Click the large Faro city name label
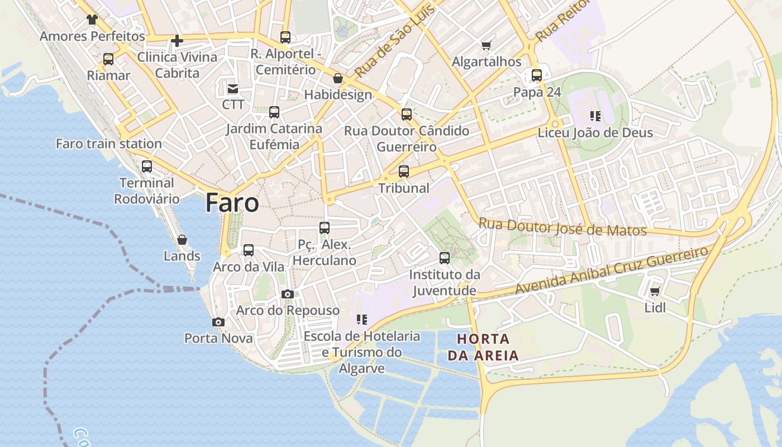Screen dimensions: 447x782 pyautogui.click(x=232, y=202)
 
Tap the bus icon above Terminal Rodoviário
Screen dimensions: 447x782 pyautogui.click(x=147, y=167)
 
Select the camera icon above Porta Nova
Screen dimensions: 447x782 pyautogui.click(x=218, y=322)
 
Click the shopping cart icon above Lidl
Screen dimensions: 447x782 pyautogui.click(x=655, y=291)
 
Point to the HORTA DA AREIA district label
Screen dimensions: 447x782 pyautogui.click(x=483, y=347)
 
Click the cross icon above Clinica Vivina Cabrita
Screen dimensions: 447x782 pyautogui.click(x=177, y=41)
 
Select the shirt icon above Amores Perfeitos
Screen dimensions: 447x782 pyautogui.click(x=92, y=20)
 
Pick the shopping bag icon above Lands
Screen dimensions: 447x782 pyautogui.click(x=182, y=240)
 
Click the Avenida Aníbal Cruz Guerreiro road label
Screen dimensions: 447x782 pyautogui.click(x=612, y=270)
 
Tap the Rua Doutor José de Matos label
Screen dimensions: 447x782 pyautogui.click(x=562, y=227)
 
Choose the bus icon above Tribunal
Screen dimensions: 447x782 pyautogui.click(x=404, y=172)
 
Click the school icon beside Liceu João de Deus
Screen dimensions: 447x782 pyautogui.click(x=595, y=116)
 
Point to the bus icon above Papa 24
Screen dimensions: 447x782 pyautogui.click(x=537, y=75)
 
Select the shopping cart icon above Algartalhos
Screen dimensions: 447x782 pyautogui.click(x=487, y=45)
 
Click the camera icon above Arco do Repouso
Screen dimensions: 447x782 pyautogui.click(x=288, y=294)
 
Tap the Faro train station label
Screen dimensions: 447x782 pyautogui.click(x=109, y=144)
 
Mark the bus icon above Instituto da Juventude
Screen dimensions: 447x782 pyautogui.click(x=445, y=258)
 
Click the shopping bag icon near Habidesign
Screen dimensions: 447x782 pyautogui.click(x=338, y=78)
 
